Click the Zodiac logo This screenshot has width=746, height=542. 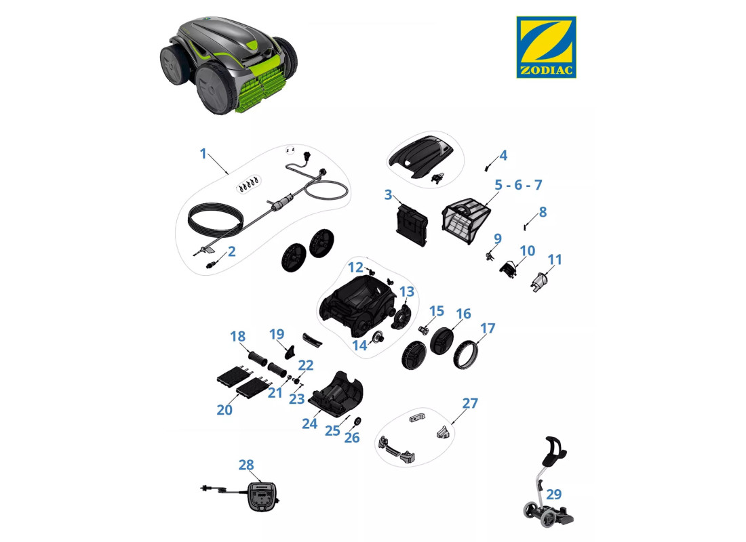[x=546, y=47]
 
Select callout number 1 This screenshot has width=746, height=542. [x=203, y=154]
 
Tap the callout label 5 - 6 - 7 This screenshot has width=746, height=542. [x=518, y=184]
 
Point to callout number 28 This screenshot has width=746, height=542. [x=246, y=465]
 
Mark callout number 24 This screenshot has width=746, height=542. [x=310, y=423]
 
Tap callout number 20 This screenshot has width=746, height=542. [x=224, y=409]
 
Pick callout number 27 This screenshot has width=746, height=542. [x=470, y=402]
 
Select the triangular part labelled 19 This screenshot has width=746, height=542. [x=290, y=352]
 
